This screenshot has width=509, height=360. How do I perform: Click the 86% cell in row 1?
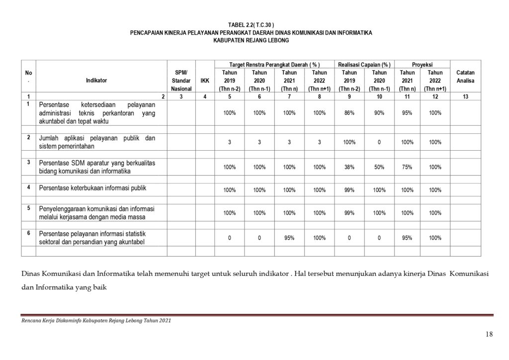(349, 113)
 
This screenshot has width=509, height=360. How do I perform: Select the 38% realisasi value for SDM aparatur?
(349, 167)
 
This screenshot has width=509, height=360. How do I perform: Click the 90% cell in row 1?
(379, 113)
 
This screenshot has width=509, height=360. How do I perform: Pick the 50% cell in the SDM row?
(379, 167)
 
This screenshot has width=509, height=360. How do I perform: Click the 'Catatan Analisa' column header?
(465, 76)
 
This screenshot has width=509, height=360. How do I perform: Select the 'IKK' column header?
(205, 80)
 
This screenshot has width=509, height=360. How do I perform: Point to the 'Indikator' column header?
(96, 80)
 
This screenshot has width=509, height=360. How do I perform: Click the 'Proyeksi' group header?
(422, 65)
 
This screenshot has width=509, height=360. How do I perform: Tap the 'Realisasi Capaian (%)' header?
(364, 65)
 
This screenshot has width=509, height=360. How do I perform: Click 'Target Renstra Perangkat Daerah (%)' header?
(274, 65)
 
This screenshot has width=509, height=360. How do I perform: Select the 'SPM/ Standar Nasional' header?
(181, 80)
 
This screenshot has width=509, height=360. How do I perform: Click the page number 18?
(489, 334)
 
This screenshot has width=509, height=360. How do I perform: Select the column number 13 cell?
(465, 96)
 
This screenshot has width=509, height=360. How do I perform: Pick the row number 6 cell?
(28, 233)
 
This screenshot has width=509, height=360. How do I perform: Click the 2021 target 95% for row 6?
(289, 238)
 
